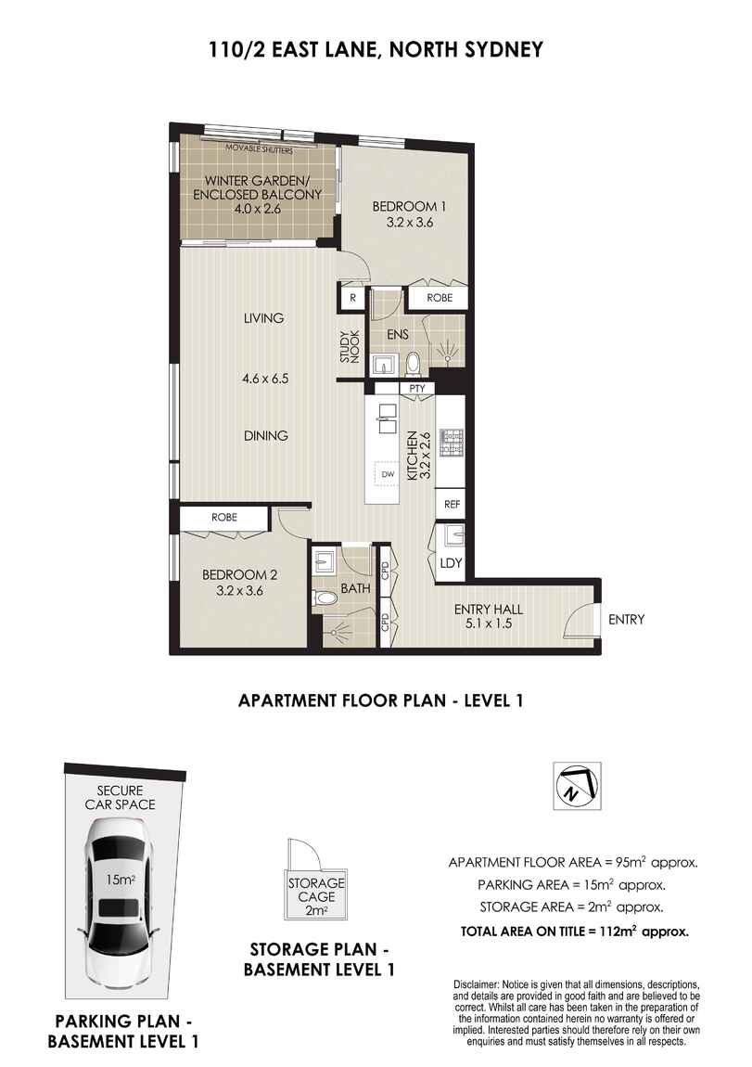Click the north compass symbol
[577, 785]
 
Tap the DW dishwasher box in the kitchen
[388, 473]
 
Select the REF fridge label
[452, 504]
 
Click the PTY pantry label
[416, 388]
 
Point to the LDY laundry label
[451, 563]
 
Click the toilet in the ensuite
[413, 364]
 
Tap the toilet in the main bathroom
[326, 598]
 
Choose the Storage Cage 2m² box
[315, 895]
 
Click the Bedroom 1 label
[409, 206]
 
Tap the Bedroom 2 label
[239, 575]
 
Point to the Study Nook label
[350, 346]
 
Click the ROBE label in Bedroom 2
[223, 517]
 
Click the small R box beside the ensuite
[353, 298]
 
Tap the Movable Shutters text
[259, 149]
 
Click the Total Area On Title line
[575, 931]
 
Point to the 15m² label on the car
[120, 880]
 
